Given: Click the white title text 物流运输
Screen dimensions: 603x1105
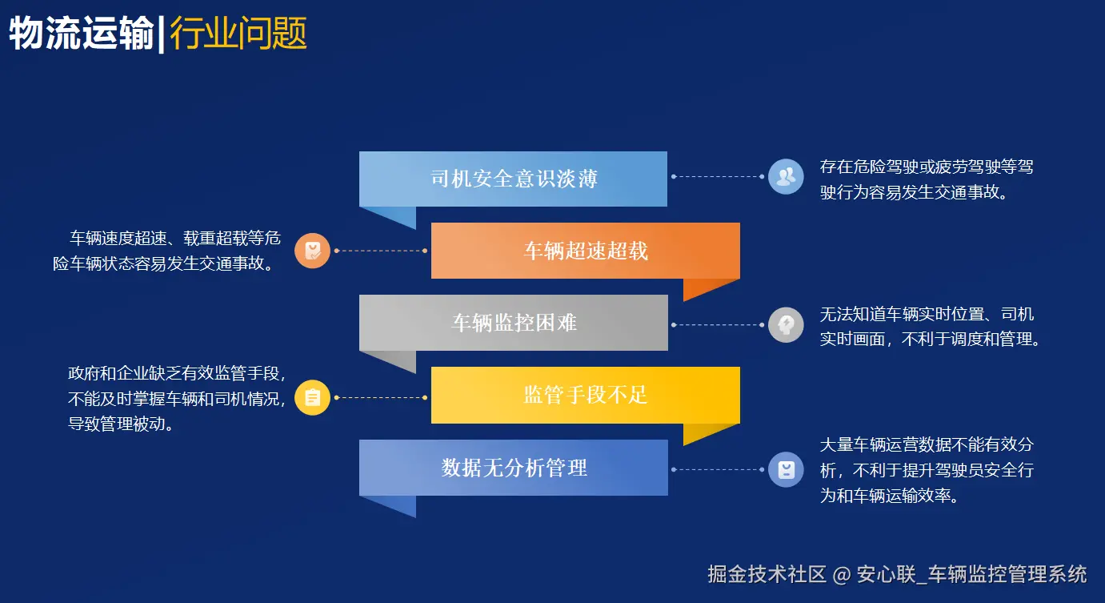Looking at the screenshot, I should click(x=82, y=34).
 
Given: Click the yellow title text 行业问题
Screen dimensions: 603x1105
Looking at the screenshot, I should click(x=238, y=34).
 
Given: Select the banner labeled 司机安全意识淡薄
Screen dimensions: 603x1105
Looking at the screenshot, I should click(x=513, y=179).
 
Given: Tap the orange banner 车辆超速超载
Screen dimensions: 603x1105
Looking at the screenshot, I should click(x=586, y=251).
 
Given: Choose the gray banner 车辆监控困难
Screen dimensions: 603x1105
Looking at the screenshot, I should click(x=513, y=323).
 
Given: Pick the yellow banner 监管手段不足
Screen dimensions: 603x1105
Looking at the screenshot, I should click(x=586, y=395).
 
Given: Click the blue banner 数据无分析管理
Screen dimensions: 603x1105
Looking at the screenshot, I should click(x=513, y=468).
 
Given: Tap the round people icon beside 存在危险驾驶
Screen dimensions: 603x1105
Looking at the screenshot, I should click(x=786, y=176).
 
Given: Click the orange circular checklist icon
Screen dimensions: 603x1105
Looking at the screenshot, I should click(x=312, y=251).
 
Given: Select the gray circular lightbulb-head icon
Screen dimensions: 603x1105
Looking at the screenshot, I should click(x=786, y=325).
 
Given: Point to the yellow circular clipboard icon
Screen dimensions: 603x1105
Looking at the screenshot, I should click(x=312, y=397).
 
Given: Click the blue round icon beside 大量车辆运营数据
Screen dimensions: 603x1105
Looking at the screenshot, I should click(x=786, y=469).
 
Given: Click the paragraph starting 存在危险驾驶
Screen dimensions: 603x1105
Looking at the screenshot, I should click(x=927, y=179).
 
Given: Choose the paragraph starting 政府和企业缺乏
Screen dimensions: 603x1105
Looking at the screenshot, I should click(x=176, y=398).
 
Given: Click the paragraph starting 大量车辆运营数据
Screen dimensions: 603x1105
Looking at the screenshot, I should click(x=927, y=469).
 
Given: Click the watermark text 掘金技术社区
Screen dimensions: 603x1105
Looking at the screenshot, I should click(x=766, y=574).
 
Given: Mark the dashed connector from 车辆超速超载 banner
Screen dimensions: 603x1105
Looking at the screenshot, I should click(x=380, y=251).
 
